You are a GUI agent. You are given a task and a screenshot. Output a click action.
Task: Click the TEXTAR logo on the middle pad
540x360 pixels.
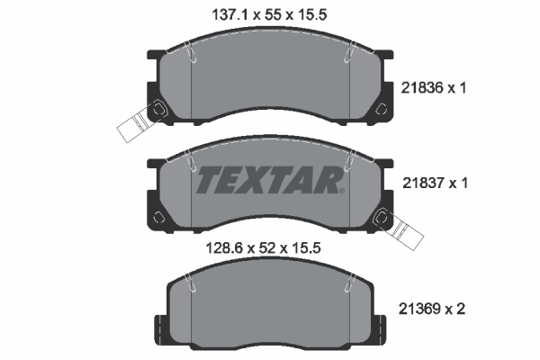click(269, 180)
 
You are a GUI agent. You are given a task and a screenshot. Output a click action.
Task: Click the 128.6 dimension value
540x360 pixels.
click(213, 244)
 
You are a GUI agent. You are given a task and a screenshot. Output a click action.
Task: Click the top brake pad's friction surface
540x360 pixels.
click(269, 85)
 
